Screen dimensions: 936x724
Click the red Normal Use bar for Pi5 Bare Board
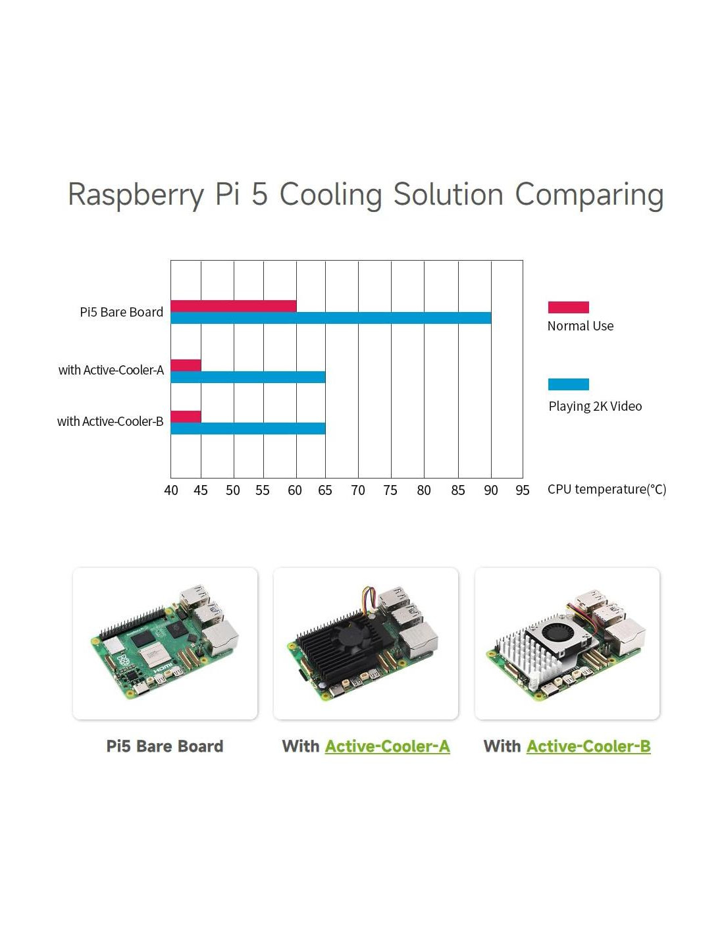pos(234,305)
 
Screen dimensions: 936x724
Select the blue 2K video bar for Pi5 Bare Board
pos(330,318)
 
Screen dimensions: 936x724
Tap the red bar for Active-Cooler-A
pos(186,365)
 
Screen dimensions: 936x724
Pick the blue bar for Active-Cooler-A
pos(248,377)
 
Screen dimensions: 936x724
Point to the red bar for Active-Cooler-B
pos(186,417)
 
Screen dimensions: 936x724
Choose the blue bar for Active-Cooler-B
pos(248,429)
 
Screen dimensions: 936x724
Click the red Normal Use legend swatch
pos(568,307)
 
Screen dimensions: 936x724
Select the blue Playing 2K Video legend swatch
pos(568,384)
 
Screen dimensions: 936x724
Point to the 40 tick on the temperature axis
pos(171,490)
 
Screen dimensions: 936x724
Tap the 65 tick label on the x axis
pos(325,490)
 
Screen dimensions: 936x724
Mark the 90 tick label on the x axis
pos(491,490)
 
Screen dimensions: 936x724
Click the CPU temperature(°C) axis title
pos(606,489)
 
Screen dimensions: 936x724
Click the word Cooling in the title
pos(330,195)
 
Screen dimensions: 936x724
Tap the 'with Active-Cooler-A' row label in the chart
pos(111,370)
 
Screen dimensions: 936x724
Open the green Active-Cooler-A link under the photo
pos(387,746)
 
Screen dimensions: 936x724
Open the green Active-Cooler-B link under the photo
pos(588,746)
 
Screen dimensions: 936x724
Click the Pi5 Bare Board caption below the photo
pos(165,746)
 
